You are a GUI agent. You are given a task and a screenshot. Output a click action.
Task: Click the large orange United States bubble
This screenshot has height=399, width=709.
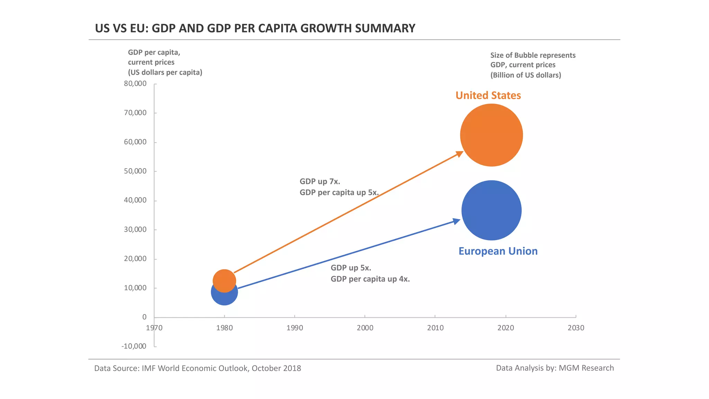[x=491, y=135]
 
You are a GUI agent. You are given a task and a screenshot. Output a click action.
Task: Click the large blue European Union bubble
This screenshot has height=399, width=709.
[x=491, y=210]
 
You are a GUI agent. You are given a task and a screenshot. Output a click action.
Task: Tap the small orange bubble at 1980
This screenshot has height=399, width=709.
[x=224, y=278]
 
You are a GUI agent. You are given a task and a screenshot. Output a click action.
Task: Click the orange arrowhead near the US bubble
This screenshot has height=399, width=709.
[x=460, y=154]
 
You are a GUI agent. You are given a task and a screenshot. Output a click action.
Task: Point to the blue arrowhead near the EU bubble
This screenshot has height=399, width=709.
[x=457, y=221]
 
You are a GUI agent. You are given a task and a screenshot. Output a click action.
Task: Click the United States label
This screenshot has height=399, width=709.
[x=488, y=95]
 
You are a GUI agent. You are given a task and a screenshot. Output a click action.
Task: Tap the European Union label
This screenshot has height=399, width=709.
[x=498, y=251]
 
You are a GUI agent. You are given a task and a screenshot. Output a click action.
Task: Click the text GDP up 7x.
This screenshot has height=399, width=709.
[x=320, y=181]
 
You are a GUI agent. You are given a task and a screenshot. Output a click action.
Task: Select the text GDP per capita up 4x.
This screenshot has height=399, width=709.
[x=370, y=279]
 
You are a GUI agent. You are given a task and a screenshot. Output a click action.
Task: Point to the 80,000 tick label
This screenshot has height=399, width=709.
[x=135, y=83]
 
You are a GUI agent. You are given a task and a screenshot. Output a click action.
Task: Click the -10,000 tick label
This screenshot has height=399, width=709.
[x=134, y=346]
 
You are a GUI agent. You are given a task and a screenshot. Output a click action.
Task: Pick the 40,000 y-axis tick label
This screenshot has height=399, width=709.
[x=135, y=200]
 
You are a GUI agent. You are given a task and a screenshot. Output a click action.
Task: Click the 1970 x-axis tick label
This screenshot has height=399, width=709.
[x=154, y=328]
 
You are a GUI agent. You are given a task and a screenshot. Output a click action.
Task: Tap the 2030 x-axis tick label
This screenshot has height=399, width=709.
[x=576, y=328]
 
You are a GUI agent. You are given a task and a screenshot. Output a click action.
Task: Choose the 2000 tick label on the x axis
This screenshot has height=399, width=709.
[x=365, y=328]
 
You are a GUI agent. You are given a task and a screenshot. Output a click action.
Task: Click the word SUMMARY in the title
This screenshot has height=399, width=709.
[x=385, y=28]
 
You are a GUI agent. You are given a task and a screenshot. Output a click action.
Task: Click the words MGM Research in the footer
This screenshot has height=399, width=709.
[x=586, y=368]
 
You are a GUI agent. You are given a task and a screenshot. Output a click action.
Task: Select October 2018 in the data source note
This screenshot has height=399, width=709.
[x=276, y=368]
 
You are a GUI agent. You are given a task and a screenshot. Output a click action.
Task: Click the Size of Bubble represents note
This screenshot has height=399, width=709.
[x=533, y=55]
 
